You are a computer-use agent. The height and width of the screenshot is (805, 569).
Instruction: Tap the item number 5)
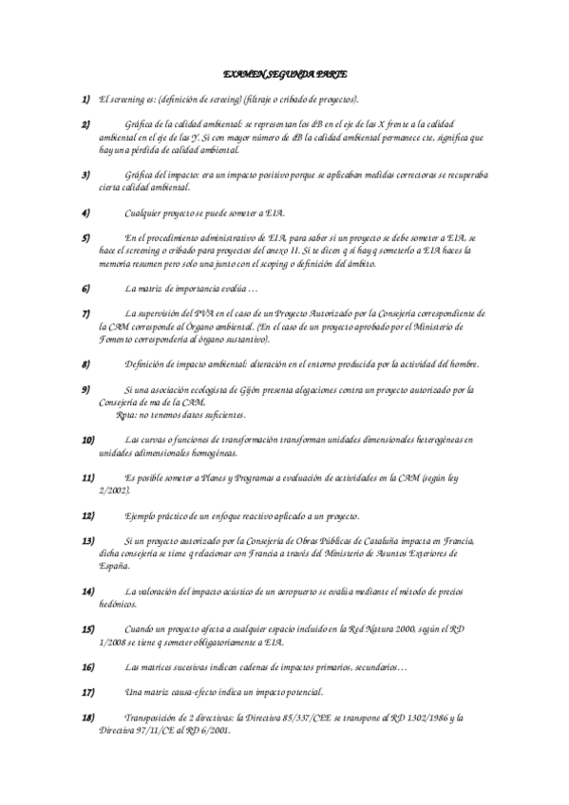pos(86,236)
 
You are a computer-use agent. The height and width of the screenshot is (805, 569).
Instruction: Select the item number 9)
pos(86,389)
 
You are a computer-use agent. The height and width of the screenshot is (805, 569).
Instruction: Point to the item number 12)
pos(88,515)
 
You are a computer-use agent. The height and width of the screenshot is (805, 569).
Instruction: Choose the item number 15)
pos(88,629)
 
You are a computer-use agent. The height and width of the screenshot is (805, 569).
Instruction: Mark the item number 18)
pos(88,718)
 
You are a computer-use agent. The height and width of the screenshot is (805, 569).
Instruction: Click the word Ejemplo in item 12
pos(142,515)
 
